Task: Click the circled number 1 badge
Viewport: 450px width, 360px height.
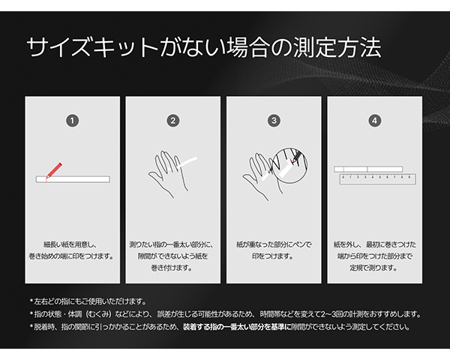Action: point(72,121)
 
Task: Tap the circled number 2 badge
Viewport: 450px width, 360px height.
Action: point(173,121)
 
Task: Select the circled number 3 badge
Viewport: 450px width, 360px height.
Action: point(274,121)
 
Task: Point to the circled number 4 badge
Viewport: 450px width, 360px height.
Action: point(374,121)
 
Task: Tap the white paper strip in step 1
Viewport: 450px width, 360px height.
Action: point(73,179)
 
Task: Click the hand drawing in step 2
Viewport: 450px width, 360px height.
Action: point(169,174)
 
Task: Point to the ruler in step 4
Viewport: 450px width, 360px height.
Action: point(378,179)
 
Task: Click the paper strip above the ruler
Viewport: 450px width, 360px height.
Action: point(368,169)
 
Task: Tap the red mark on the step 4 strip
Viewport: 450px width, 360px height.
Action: point(343,169)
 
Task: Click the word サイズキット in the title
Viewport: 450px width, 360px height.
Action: point(91,47)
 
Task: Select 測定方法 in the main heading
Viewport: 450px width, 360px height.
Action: point(337,47)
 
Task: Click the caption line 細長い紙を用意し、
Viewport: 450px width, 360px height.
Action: point(70,244)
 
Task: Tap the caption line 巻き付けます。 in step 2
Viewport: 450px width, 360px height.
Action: point(172,268)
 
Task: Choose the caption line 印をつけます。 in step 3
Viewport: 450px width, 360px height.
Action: point(273,256)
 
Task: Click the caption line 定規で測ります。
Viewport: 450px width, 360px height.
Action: point(373,268)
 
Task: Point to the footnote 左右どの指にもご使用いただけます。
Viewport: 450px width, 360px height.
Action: point(88,301)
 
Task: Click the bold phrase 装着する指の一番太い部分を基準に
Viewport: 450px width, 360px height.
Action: point(237,327)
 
